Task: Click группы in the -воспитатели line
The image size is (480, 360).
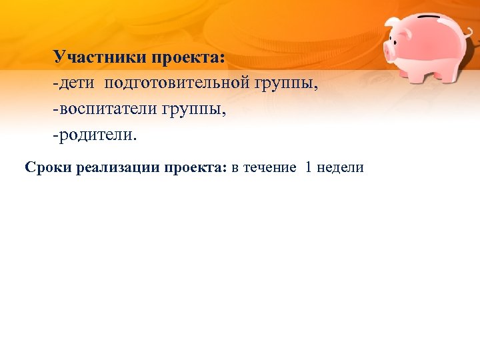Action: (193, 111)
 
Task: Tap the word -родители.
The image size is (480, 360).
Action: (94, 137)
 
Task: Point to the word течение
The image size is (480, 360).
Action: (270, 168)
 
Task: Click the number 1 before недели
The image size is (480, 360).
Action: (308, 167)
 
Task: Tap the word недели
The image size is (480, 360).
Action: (341, 168)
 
